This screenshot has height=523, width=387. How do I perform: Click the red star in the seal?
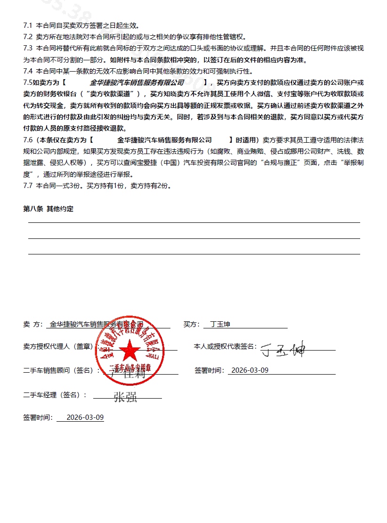[128, 349]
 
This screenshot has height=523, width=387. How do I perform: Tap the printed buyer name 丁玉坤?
[220, 324]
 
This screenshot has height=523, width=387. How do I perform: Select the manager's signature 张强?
[125, 397]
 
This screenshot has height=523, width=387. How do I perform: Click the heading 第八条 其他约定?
[48, 209]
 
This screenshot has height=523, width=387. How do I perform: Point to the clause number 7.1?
[28, 25]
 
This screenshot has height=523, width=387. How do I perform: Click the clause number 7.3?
[28, 48]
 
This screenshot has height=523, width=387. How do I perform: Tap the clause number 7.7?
[28, 185]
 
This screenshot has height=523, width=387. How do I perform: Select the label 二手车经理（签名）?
[55, 395]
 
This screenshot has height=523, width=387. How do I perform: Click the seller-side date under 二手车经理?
[85, 417]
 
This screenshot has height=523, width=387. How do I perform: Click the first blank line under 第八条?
[194, 222]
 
